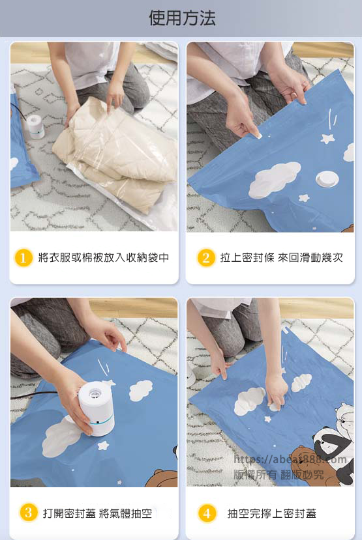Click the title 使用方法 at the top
pyautogui.click(x=182, y=18)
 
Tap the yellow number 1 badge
pyautogui.click(x=23, y=257)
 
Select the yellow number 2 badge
pyautogui.click(x=206, y=257)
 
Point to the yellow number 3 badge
pyautogui.click(x=28, y=513)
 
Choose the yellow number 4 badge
pyautogui.click(x=207, y=513)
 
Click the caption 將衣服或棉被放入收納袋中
pyautogui.click(x=104, y=257)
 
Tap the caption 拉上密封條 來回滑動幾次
pyautogui.click(x=282, y=257)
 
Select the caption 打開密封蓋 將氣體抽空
pyautogui.click(x=97, y=513)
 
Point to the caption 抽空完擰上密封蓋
pyautogui.click(x=272, y=513)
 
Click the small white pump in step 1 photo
pyautogui.click(x=35, y=126)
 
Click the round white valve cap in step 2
pyautogui.click(x=327, y=179)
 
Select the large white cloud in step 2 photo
pyautogui.click(x=275, y=179)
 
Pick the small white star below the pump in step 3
pyautogui.click(x=103, y=446)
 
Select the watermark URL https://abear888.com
pyautogui.click(x=290, y=459)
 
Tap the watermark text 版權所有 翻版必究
pyautogui.click(x=279, y=475)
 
